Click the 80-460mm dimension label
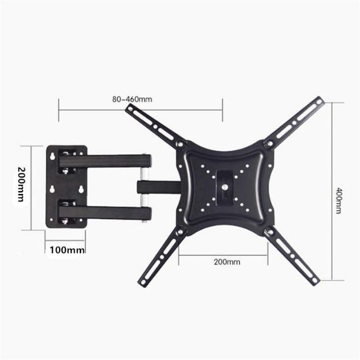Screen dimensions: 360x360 (x=133, y=100)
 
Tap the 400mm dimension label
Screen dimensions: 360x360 (x=338, y=200)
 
